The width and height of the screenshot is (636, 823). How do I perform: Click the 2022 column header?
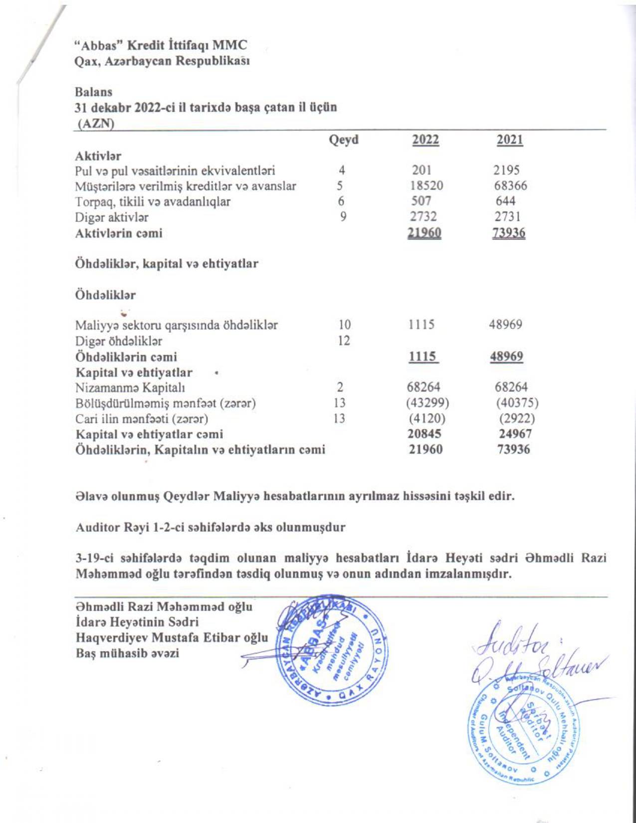tap(425, 140)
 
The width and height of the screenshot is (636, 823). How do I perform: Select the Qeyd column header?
tap(344, 140)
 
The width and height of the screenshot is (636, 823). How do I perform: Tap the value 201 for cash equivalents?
tap(422, 170)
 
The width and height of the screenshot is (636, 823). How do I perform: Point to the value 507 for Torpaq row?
tap(422, 201)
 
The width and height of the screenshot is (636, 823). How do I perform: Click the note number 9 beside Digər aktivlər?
tap(343, 217)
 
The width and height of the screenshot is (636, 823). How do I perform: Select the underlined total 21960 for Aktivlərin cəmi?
tap(424, 233)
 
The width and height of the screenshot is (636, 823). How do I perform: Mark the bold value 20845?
tap(424, 433)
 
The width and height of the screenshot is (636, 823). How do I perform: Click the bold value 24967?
tap(515, 433)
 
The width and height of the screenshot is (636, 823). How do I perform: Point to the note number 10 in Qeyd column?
tap(344, 325)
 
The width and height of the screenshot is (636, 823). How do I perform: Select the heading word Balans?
tap(93, 92)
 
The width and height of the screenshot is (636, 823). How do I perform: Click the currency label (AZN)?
tap(95, 123)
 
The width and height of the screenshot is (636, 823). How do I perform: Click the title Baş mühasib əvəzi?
tap(127, 653)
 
